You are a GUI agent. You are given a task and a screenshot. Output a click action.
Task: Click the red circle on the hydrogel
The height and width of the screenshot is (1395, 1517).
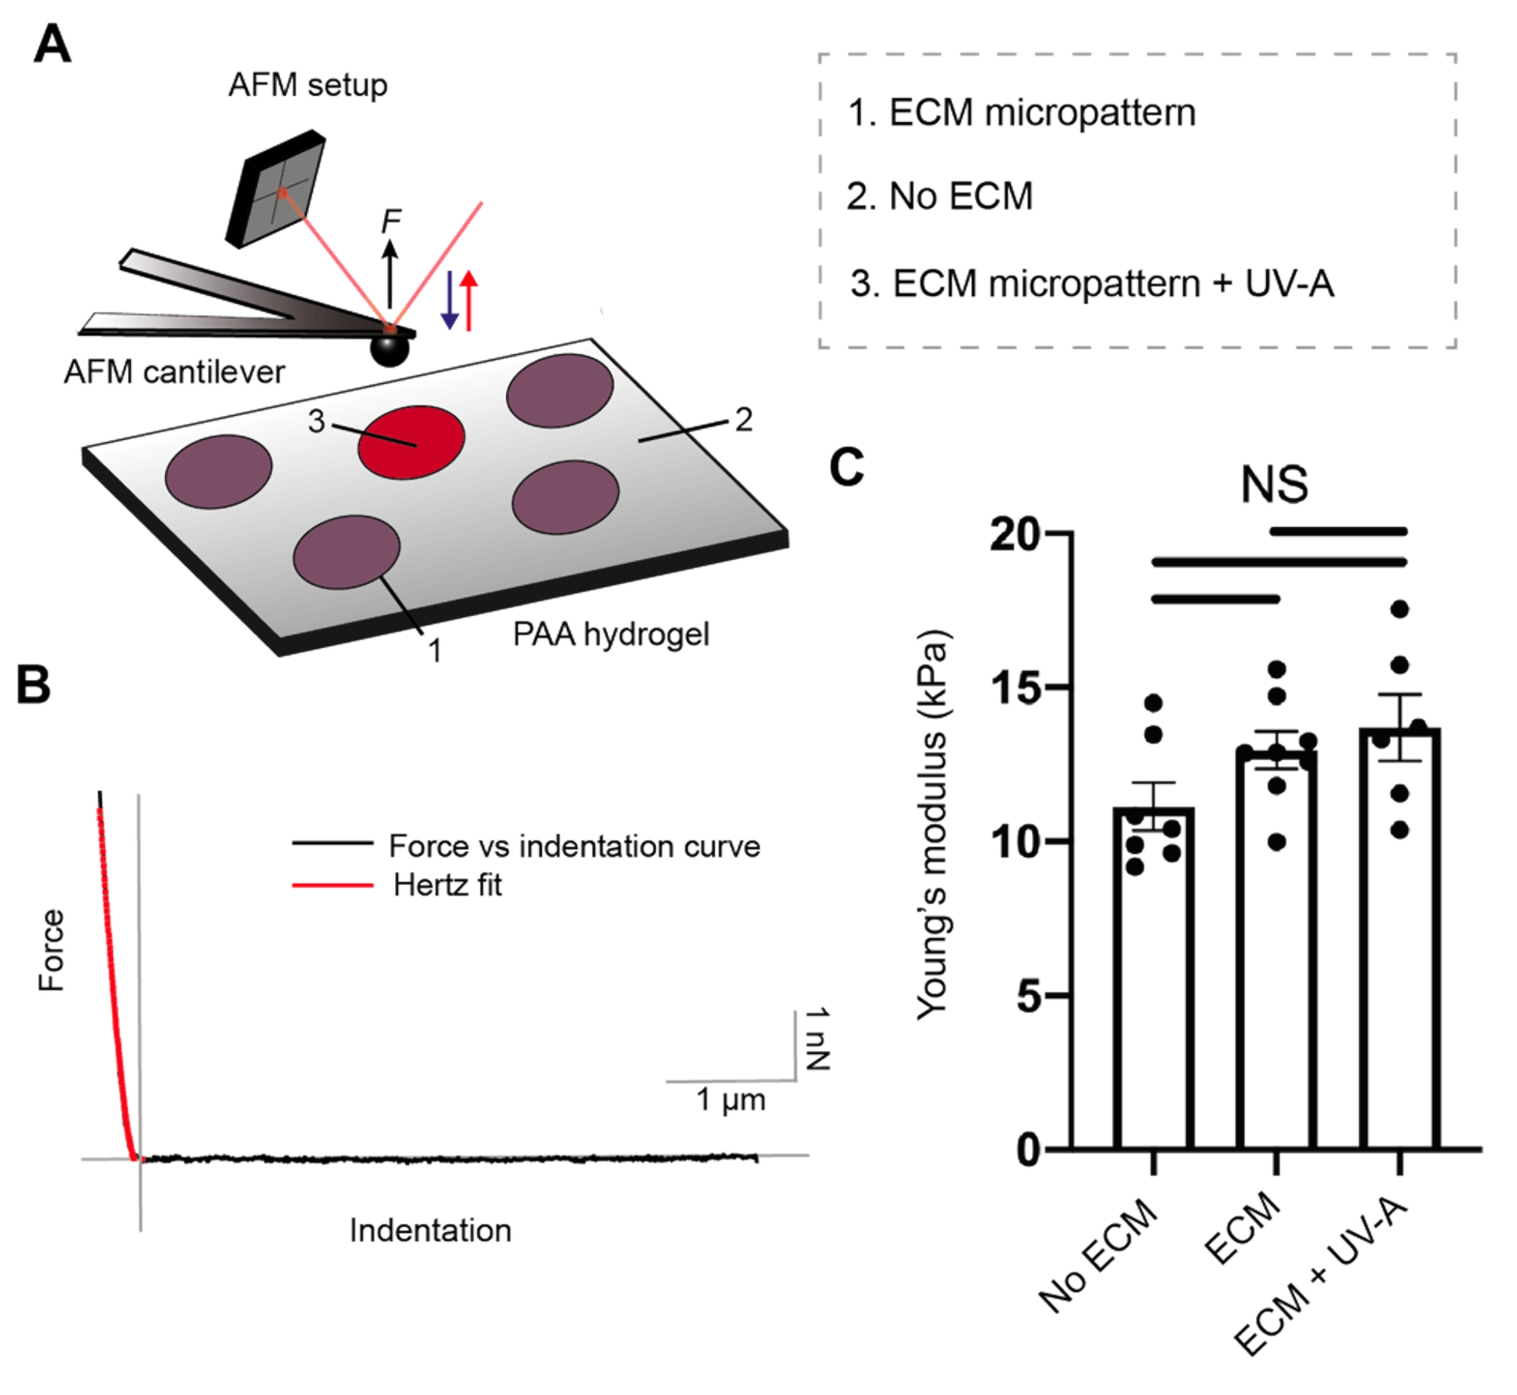coord(411,441)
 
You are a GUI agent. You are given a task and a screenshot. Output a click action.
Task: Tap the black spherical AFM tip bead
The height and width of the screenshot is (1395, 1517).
coord(389,347)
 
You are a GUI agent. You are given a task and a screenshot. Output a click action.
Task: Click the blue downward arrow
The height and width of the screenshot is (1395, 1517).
coord(449,300)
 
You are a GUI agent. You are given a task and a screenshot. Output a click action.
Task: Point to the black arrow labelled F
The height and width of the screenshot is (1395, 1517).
coord(390,272)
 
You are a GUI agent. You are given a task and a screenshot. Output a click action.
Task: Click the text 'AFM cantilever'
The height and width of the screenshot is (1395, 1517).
coord(174,372)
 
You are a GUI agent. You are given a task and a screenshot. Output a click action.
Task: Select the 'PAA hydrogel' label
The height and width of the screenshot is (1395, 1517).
coord(611,634)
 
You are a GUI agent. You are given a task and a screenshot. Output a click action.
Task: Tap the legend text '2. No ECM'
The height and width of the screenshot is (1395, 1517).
coord(939,196)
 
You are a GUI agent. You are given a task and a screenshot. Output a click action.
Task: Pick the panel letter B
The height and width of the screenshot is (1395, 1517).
coord(33,685)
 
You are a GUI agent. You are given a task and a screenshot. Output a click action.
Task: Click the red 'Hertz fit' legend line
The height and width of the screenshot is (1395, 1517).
coord(333,885)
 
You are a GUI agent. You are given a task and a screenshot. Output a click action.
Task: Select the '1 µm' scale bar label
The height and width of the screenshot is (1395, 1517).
coord(730,1099)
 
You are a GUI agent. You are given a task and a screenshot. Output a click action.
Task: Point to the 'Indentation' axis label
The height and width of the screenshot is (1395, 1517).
coord(431,1231)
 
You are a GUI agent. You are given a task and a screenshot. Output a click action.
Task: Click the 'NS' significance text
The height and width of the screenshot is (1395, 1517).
coord(1274,484)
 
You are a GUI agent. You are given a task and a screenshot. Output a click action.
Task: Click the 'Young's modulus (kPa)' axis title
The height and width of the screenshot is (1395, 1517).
coord(933,825)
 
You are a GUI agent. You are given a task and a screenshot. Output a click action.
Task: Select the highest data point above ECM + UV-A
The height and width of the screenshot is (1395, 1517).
coord(1399,610)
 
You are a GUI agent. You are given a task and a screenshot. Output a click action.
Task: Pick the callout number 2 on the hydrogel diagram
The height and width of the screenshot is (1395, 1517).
coord(744,420)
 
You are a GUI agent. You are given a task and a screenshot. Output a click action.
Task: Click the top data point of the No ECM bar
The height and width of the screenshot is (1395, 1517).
coord(1153,704)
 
